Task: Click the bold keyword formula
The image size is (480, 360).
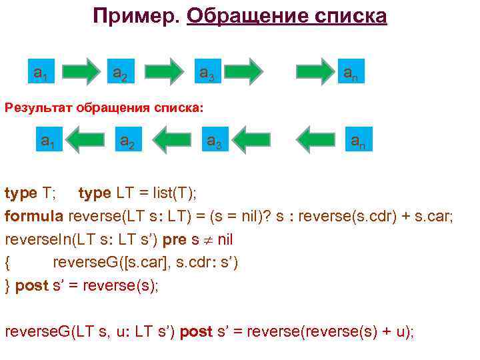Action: [34, 216]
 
